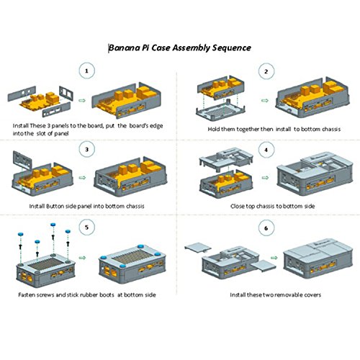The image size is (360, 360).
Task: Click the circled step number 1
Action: [x=86, y=71]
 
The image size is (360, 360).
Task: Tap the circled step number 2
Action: [x=266, y=71]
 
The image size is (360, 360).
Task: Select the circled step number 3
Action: [x=86, y=149]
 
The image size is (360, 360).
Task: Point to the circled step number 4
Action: [x=266, y=150]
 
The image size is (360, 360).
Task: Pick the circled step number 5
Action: [x=86, y=227]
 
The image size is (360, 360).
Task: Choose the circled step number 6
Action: [x=266, y=228]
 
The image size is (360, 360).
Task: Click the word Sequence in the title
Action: [x=232, y=48]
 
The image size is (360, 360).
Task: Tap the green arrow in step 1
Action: [x=82, y=100]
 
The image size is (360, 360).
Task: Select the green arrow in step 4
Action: [x=265, y=178]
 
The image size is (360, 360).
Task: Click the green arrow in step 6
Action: [x=274, y=258]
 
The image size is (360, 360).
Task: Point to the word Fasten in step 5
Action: [x=27, y=294]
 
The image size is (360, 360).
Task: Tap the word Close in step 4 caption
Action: [x=238, y=206]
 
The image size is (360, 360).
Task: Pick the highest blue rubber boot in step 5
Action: [x=53, y=225]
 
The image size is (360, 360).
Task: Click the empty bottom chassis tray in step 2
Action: [x=221, y=110]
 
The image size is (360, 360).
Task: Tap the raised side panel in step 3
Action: [x=22, y=161]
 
